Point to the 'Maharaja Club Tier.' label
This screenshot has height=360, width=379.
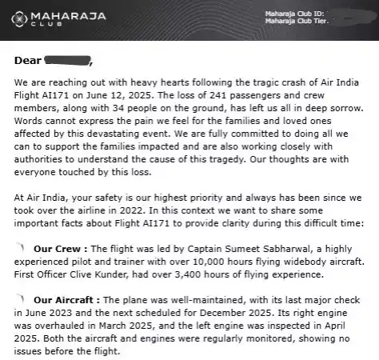(x=297, y=21)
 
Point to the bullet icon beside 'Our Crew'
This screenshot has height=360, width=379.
(x=20, y=248)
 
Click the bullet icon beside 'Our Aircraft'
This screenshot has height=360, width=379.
(x=20, y=298)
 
